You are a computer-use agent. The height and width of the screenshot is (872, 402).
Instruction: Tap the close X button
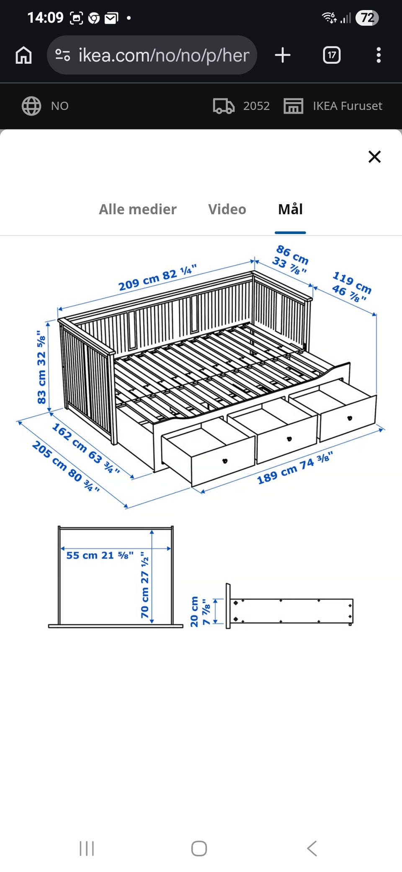tap(374, 157)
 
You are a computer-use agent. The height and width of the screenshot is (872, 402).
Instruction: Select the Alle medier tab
tap(138, 209)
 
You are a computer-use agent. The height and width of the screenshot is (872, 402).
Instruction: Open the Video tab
tap(227, 209)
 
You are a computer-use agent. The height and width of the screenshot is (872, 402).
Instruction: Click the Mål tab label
tap(291, 209)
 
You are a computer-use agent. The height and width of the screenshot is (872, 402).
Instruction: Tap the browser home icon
tap(23, 55)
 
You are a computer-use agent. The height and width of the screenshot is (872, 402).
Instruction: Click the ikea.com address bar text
tap(164, 55)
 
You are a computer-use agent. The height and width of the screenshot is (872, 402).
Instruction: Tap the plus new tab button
tap(283, 55)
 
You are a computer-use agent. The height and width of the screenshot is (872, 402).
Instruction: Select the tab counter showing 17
tap(332, 55)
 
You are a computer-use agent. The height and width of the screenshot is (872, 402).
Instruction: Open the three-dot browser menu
tap(379, 55)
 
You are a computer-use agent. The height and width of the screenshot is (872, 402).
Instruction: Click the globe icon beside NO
tap(31, 106)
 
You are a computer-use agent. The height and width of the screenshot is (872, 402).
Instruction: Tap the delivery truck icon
tap(224, 106)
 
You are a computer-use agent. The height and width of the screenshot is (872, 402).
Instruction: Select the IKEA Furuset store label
tap(348, 106)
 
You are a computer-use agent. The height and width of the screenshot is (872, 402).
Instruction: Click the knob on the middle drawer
tap(289, 439)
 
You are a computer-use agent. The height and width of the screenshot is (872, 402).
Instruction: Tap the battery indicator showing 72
tap(367, 18)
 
